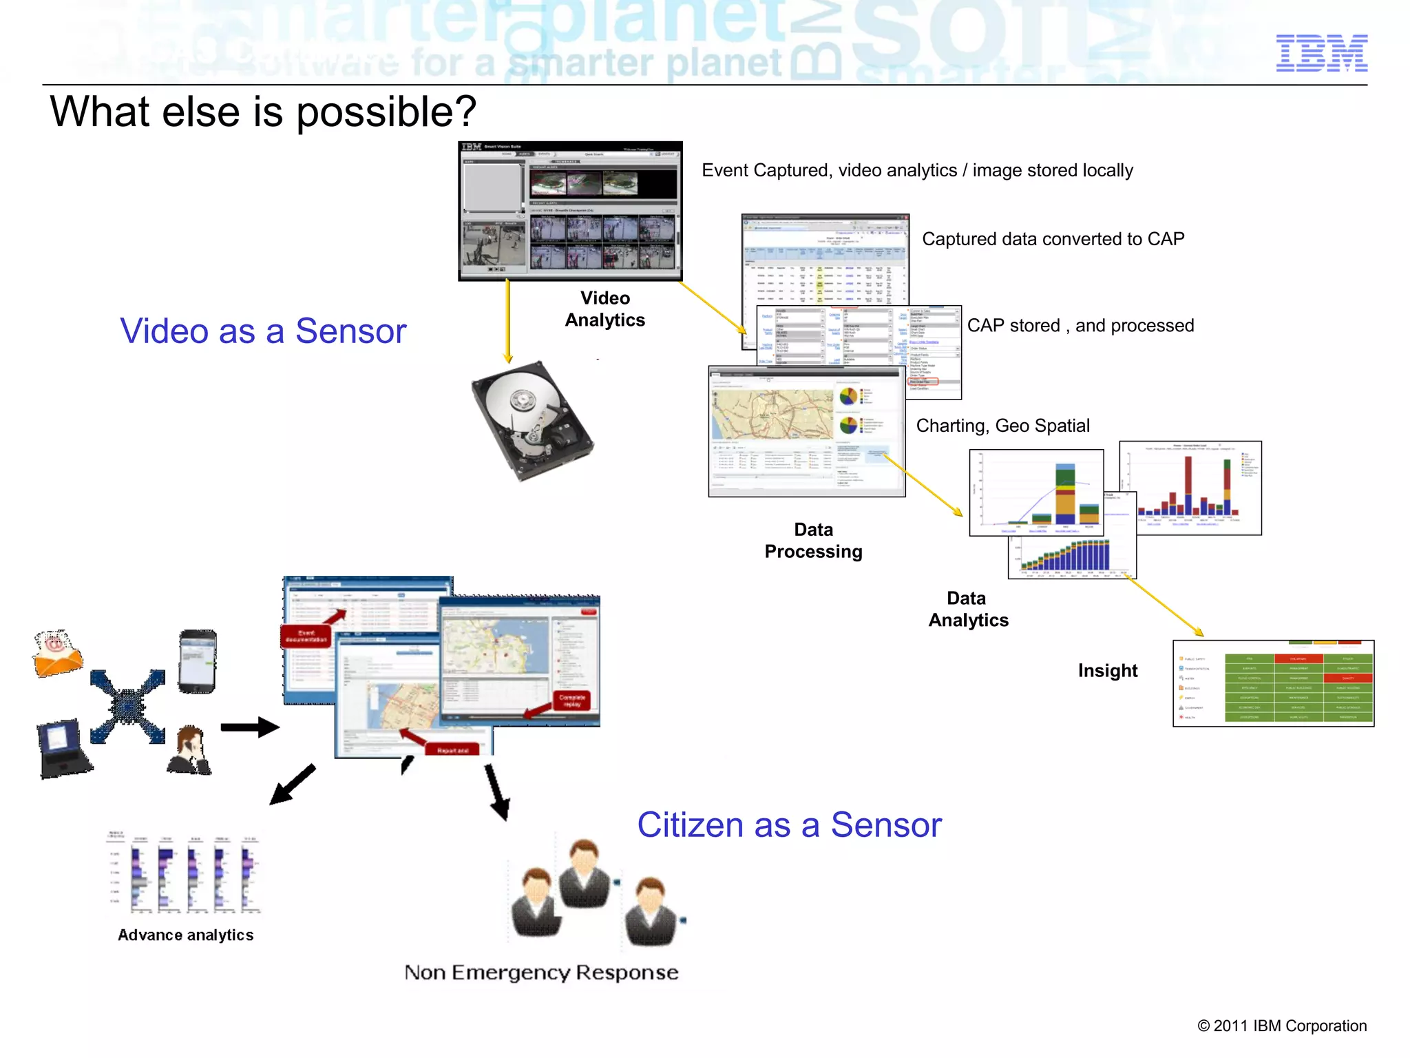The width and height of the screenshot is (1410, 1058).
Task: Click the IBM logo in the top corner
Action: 1321,53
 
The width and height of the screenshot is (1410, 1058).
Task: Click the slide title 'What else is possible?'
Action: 263,112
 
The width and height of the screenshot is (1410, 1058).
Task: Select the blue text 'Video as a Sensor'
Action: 263,331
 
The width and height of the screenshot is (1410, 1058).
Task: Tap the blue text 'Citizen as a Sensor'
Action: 789,824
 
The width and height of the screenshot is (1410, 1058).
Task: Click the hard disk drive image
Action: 531,419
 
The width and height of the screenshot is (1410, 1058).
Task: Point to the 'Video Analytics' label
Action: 604,309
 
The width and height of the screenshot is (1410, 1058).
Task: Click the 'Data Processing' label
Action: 813,540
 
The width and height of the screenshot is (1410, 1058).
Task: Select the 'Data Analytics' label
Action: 968,609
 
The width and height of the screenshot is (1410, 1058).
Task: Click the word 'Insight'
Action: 1107,670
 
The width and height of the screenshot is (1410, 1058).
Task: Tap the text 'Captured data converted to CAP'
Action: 1053,239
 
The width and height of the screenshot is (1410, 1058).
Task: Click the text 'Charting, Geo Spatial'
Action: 1002,426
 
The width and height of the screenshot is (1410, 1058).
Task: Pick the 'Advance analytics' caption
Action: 186,935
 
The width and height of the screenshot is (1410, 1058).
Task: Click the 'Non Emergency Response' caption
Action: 541,972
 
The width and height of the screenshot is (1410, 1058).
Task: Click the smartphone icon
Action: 198,661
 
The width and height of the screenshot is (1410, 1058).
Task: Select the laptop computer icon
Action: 63,749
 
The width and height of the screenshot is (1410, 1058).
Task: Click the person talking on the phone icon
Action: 189,751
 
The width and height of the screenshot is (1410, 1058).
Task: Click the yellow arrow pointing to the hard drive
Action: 507,320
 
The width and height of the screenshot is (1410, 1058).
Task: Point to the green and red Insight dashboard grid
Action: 1274,684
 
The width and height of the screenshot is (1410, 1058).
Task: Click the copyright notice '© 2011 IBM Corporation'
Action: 1281,1026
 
